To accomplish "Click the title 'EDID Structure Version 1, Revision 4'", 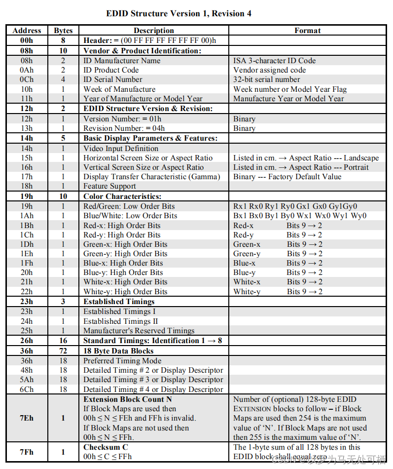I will click(x=179, y=13).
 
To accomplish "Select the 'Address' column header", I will click(x=27, y=31).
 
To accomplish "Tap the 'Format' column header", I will click(x=307, y=31).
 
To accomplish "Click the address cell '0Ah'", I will click(x=27, y=70).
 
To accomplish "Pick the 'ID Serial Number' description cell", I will click(x=112, y=79).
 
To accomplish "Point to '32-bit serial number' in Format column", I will click(x=266, y=79).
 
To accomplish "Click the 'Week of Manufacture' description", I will click(x=119, y=89).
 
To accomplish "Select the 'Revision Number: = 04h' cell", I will click(x=123, y=128).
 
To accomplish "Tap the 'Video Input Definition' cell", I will click(x=121, y=148).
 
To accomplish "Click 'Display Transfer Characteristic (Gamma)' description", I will click(x=151, y=177).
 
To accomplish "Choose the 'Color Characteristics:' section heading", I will click(x=122, y=196).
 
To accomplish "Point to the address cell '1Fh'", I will click(x=27, y=263).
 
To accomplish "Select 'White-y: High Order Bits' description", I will click(x=125, y=291).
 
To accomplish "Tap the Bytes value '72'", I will click(x=63, y=351).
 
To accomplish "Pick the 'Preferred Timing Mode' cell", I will click(x=122, y=361).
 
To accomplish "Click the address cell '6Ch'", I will click(x=27, y=390).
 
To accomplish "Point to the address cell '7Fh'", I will click(x=27, y=452).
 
